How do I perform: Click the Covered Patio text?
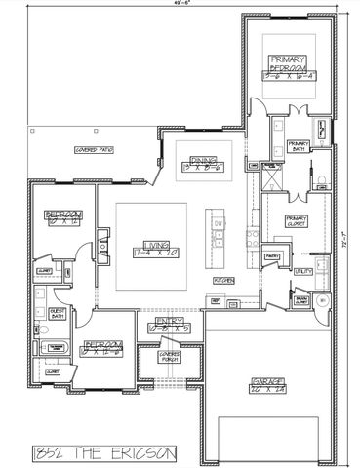pyautogui.click(x=95, y=150)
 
